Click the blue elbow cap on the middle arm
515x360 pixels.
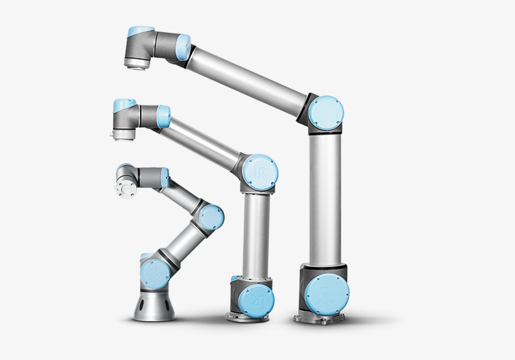(259, 170)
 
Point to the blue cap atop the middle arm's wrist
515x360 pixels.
(124, 103)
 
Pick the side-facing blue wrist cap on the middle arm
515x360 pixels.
(163, 116)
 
